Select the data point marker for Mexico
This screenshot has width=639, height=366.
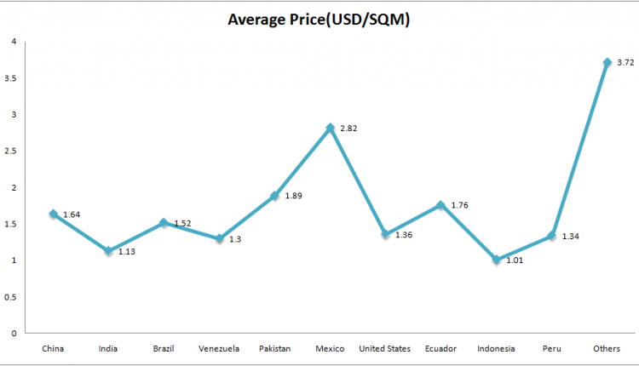pos(330,128)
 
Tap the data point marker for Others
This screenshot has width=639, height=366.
pos(607,62)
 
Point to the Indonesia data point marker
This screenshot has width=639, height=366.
pos(496,260)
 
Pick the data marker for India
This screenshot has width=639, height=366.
pos(108,251)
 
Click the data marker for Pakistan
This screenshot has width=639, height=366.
pos(274,196)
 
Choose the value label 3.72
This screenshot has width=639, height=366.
pos(625,62)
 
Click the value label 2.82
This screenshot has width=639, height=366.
pos(348,129)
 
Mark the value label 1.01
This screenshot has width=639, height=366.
pos(515,260)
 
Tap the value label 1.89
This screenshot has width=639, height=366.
pos(293,196)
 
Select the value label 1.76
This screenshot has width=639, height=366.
pos(459,205)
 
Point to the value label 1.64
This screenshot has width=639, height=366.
pos(72,214)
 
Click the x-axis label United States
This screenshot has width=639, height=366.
pos(385,348)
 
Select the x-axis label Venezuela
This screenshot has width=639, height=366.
pos(219,348)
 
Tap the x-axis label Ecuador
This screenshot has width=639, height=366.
pos(440,348)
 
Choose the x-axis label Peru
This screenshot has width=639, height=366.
pos(551,348)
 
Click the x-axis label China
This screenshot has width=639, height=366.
pos(53,348)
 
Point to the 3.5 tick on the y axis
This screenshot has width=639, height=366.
pos(11,77)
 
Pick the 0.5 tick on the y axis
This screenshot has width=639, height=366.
pos(11,297)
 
